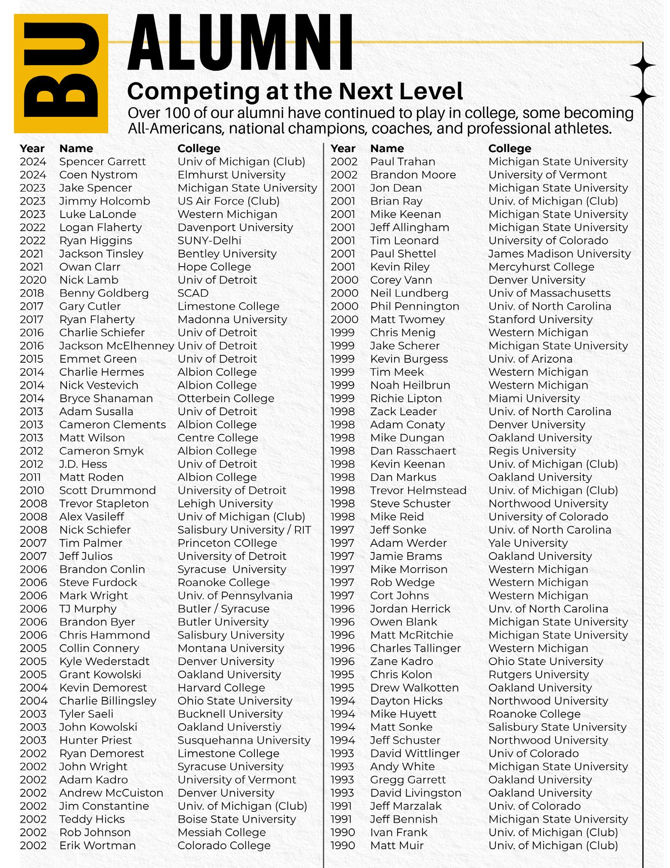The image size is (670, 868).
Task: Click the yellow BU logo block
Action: pos(60,73)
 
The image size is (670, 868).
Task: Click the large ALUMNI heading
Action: pos(240,43)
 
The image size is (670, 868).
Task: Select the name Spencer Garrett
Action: pos(103,162)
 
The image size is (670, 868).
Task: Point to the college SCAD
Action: pos(193,293)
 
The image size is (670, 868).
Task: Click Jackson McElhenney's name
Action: pos(117,346)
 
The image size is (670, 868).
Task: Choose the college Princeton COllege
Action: pos(227,543)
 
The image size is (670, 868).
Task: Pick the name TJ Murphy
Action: pos(88,609)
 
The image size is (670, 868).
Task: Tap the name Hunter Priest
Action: pos(96,741)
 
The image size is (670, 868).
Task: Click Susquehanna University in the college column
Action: pos(244,741)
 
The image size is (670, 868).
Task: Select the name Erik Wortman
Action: pos(97,846)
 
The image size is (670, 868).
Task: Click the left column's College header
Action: pos(199,149)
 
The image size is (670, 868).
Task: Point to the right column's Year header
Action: pos(343,149)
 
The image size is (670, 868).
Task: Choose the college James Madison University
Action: pos(559,254)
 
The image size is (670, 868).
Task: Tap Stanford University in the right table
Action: pos(540,319)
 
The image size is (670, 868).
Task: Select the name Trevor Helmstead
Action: pos(418,490)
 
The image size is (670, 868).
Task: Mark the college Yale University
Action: pos(528,543)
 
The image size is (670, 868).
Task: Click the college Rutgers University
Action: pos(538,674)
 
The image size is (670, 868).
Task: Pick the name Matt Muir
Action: pos(397,846)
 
